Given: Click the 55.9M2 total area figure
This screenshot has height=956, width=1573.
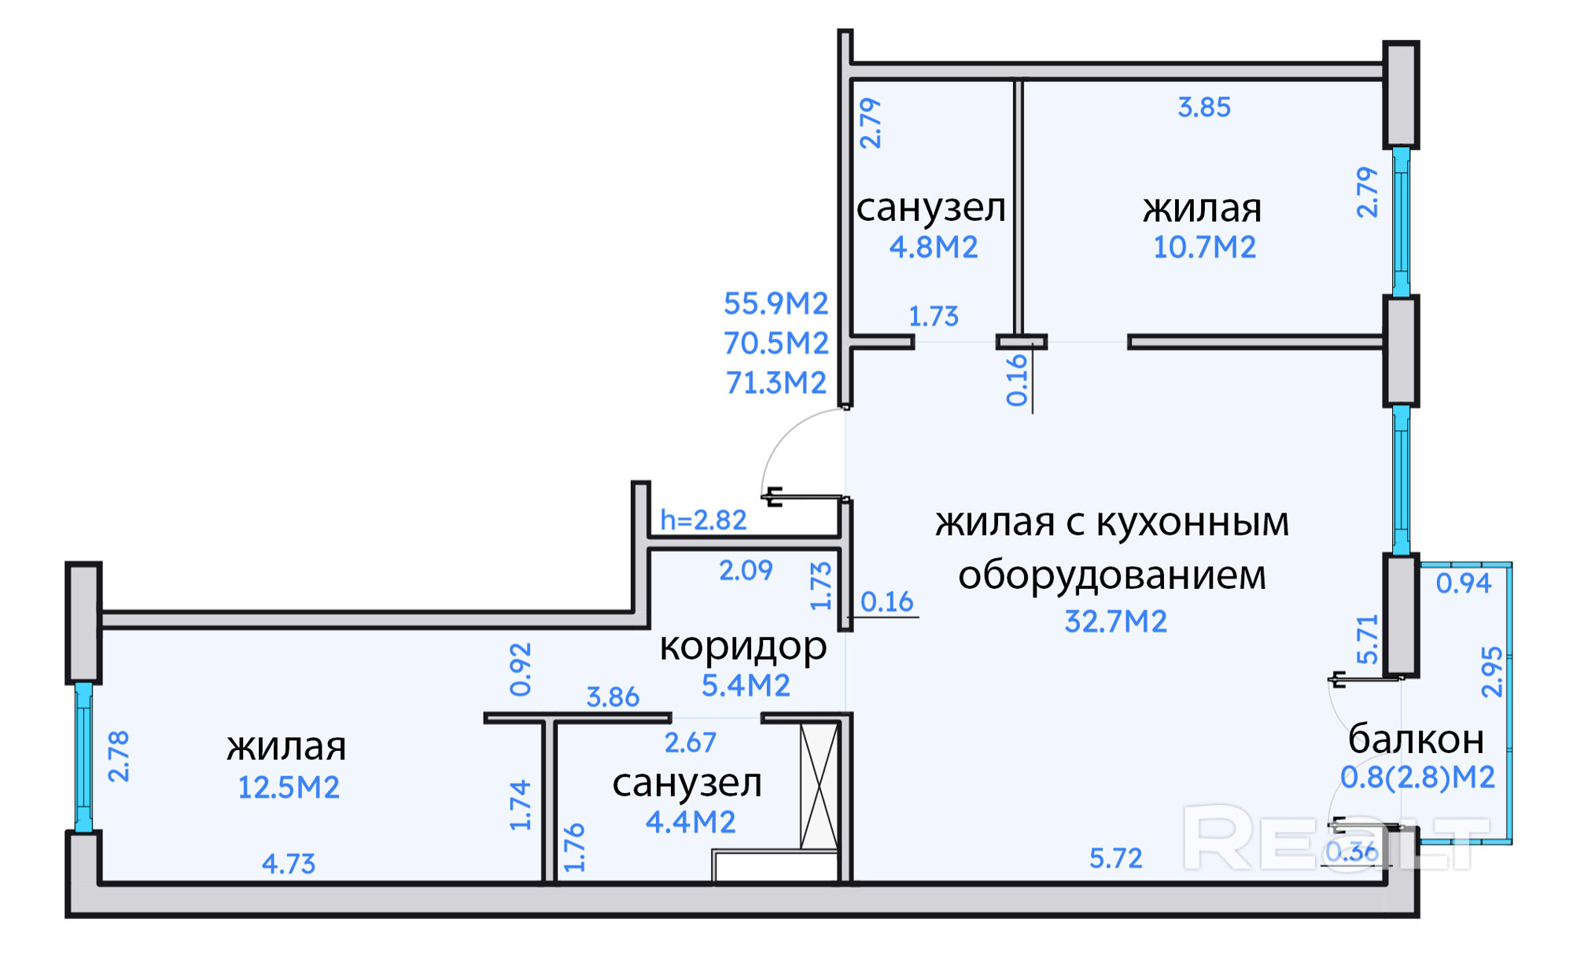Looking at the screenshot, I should click(x=775, y=303).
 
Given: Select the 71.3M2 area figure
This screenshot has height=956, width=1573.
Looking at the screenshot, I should click(x=775, y=383).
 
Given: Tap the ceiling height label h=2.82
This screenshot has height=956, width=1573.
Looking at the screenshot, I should click(x=703, y=520).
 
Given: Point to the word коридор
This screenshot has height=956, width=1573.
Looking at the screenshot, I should click(x=743, y=646).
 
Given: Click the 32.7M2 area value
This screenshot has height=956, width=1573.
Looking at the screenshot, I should click(x=1115, y=622).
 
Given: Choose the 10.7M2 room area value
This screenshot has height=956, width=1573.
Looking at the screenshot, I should click(x=1204, y=248).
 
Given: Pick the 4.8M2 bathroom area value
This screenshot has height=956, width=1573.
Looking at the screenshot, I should click(x=934, y=248).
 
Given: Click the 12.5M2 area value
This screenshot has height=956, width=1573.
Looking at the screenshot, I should click(x=289, y=787).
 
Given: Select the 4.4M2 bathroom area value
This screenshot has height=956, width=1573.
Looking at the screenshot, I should click(x=691, y=822).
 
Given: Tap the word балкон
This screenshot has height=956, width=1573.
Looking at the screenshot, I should click(x=1416, y=739).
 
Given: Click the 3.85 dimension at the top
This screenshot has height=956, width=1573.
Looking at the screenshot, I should click(x=1204, y=108).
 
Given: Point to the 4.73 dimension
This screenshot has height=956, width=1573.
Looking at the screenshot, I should click(x=289, y=864).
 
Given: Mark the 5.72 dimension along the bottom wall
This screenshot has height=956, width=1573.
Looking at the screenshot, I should click(x=1115, y=858).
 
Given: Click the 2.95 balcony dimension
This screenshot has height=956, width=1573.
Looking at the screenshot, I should click(x=1492, y=672).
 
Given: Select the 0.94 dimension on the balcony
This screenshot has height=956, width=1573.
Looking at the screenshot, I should click(x=1464, y=583).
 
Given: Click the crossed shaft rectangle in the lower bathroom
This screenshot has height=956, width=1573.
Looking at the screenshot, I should click(x=819, y=786).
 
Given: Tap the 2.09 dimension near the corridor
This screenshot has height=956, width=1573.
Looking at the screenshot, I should click(x=746, y=570).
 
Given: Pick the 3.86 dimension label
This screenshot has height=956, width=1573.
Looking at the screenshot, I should click(x=613, y=697).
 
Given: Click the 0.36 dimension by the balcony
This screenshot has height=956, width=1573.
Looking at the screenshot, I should click(x=1351, y=851).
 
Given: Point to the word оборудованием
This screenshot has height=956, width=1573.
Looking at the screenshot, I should click(x=1112, y=575).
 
